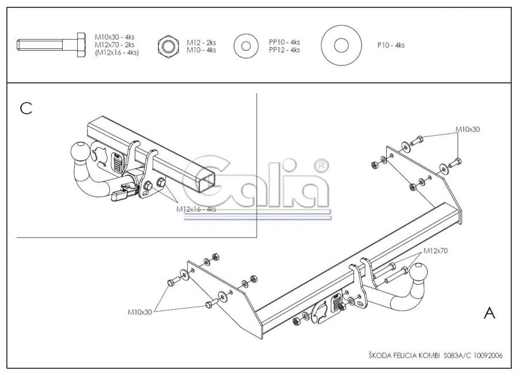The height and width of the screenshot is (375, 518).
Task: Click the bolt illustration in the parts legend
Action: (51, 44)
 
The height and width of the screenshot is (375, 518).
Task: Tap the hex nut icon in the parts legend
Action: (169, 46)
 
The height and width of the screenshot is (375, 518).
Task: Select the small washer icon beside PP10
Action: (246, 46)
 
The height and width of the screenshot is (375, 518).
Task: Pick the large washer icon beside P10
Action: (341, 45)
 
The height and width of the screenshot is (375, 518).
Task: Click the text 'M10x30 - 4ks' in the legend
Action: (115, 37)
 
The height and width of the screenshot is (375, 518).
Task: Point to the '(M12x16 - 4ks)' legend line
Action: (117, 53)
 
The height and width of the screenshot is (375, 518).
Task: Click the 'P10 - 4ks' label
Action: (391, 45)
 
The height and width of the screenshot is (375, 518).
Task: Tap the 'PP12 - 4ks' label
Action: (284, 50)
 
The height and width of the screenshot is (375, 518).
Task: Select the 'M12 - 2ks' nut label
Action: (201, 43)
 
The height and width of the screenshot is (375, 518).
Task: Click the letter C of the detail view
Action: (26, 108)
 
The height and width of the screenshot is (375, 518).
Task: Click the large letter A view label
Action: (490, 312)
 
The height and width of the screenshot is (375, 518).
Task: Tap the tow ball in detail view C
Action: (79, 151)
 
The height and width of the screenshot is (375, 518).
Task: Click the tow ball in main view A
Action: (418, 273)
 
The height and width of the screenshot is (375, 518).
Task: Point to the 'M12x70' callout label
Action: (436, 251)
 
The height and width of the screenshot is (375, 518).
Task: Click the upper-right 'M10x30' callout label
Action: (467, 129)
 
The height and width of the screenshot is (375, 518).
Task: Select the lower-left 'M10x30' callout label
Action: (140, 312)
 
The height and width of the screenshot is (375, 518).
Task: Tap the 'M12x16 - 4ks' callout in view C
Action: (196, 209)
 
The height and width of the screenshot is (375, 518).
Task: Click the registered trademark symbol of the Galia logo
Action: (320, 166)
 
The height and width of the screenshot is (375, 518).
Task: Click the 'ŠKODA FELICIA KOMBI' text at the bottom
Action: (404, 355)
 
